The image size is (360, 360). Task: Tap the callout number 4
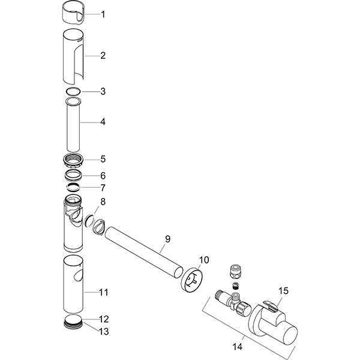(x=103, y=121)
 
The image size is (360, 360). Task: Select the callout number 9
(x=167, y=239)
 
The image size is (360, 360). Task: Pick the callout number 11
(x=103, y=292)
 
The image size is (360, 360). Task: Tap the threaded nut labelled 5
(x=74, y=160)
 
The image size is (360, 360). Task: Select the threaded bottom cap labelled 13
(x=73, y=324)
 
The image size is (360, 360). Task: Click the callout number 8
(x=103, y=202)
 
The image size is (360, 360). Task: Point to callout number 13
(x=103, y=331)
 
